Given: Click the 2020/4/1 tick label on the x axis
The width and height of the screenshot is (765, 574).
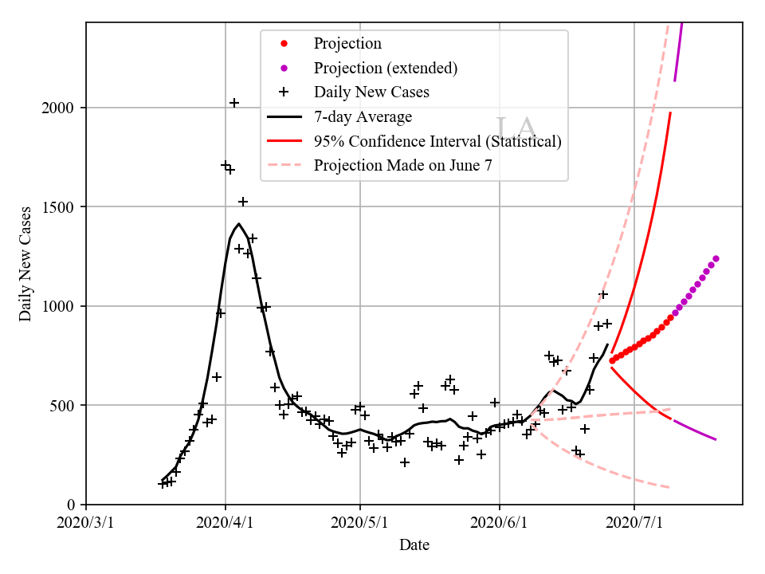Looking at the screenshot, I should click(225, 523).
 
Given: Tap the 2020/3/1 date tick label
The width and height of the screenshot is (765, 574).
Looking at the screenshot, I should click(86, 523).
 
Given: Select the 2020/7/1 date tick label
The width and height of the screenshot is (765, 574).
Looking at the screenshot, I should click(634, 523).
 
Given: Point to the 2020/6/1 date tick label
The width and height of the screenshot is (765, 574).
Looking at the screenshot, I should click(500, 523).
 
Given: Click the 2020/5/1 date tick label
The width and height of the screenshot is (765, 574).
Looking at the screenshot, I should click(360, 523).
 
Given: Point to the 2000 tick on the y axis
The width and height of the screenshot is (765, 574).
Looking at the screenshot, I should click(62, 108).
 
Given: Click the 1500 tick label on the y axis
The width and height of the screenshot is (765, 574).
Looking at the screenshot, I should click(62, 207).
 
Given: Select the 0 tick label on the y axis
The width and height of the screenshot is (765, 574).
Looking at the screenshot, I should click(73, 505).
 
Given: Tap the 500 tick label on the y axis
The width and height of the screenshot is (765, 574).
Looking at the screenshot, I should click(66, 406).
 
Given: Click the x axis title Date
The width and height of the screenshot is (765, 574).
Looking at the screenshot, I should click(414, 545).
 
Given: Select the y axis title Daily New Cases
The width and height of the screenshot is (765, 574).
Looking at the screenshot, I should click(25, 264).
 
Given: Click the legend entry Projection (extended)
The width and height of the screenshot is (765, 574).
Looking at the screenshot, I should click(386, 68).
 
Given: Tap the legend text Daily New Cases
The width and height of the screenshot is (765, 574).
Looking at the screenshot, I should click(371, 92).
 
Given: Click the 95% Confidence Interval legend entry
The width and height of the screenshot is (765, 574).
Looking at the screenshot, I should click(437, 141).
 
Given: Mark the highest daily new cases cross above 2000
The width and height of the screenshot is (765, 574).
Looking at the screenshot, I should click(234, 103).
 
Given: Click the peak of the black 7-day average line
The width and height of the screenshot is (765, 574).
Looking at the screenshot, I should click(239, 224).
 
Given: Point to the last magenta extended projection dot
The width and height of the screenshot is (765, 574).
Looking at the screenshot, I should click(716, 258).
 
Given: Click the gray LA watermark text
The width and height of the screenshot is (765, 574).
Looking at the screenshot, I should click(516, 129).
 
